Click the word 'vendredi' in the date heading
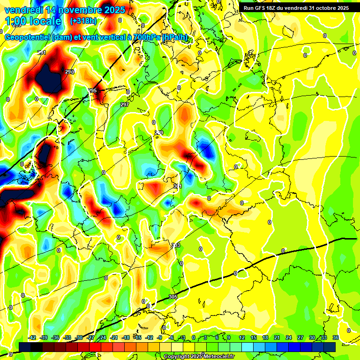tap(23, 10)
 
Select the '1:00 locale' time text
tap(33, 21)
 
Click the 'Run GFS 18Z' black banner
tap(296, 8)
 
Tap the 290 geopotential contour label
tap(70, 72)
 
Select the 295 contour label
tap(92, 90)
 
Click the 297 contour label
tap(124, 105)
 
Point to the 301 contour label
tap(178, 186)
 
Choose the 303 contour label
tap(176, 245)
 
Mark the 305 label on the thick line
tap(173, 297)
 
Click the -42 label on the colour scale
tap(32, 337)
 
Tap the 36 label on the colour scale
tap(336, 337)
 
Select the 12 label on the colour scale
tap(242, 337)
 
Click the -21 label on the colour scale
tap(114, 337)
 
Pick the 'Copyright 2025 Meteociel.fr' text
tap(199, 356)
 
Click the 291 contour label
tap(42, 52)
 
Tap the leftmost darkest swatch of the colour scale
tap(25, 346)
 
